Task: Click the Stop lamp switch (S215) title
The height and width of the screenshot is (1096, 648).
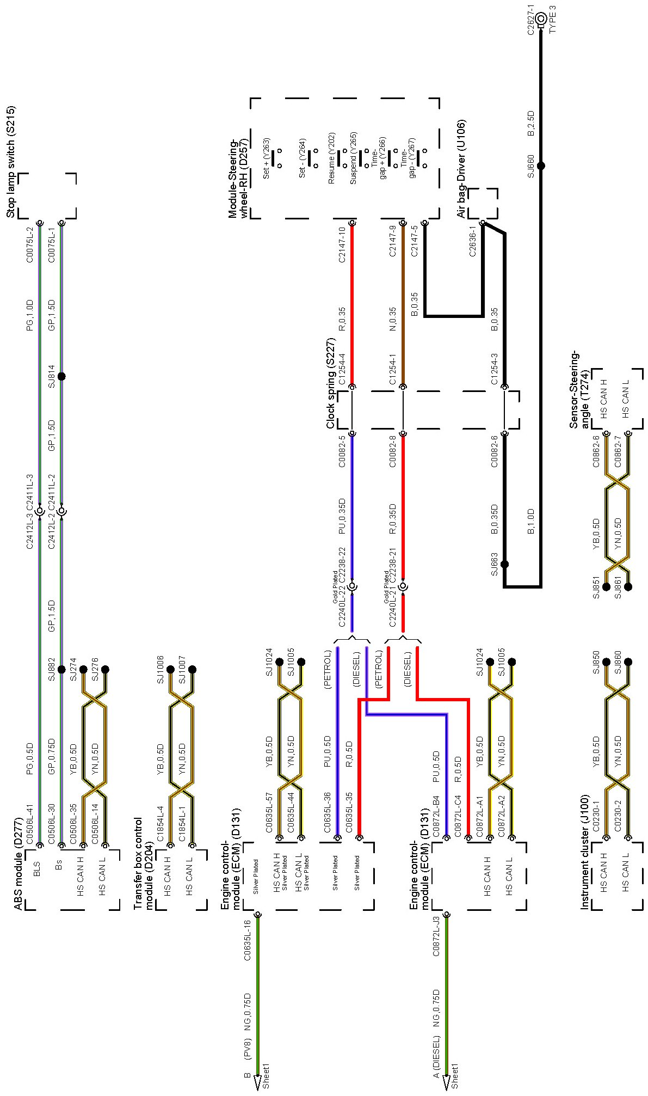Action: [11, 162]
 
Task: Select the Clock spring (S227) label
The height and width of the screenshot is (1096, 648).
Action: [330, 383]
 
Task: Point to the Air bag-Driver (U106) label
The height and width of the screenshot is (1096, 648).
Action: [461, 170]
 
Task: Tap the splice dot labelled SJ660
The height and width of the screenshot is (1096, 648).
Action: [541, 166]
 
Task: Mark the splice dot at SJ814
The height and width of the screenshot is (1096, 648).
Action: [61, 376]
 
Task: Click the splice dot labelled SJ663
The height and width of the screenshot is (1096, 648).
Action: [504, 564]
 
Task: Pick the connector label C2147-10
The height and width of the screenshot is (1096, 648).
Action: [342, 245]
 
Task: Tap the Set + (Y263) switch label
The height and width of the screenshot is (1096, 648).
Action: [267, 158]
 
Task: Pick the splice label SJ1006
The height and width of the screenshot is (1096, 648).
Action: [161, 669]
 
